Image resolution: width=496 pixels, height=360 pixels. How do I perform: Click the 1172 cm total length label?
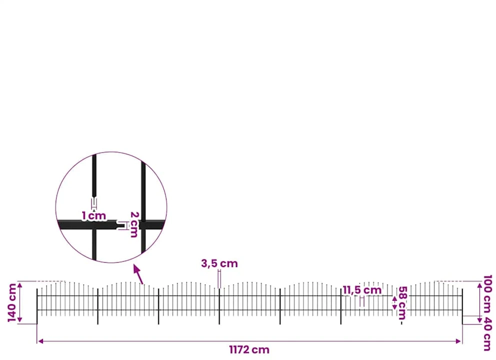pyautogui.click(x=249, y=350)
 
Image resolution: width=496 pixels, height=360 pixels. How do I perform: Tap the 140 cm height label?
pyautogui.click(x=12, y=302)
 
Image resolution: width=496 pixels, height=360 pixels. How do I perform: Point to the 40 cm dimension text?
pyautogui.click(x=487, y=334)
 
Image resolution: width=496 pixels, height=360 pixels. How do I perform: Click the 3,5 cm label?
pyautogui.click(x=219, y=263)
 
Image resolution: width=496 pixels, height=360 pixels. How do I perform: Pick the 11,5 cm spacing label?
pyautogui.click(x=362, y=290)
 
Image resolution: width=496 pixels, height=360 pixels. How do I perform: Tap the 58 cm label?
pyautogui.click(x=402, y=303)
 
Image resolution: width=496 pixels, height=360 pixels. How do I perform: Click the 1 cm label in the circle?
pyautogui.click(x=93, y=215)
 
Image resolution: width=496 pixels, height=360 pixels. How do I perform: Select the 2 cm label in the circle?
pyautogui.click(x=134, y=224)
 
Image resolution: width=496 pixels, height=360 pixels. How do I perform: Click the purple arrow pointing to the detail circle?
pyautogui.click(x=138, y=274)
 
